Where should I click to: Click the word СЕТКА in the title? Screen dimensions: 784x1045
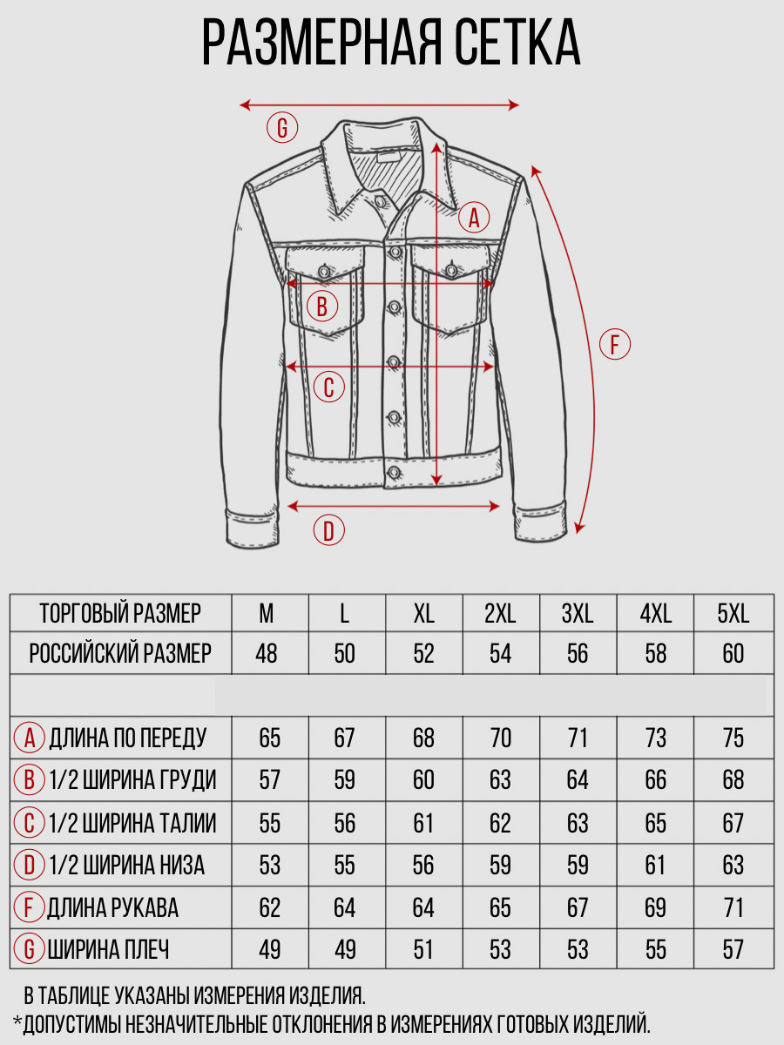pyautogui.click(x=518, y=42)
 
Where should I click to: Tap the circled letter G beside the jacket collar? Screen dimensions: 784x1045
pyautogui.click(x=282, y=128)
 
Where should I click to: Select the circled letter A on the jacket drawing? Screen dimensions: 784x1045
pyautogui.click(x=474, y=218)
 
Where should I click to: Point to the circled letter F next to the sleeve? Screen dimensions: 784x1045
pyautogui.click(x=614, y=344)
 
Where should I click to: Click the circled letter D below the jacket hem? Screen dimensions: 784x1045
pyautogui.click(x=329, y=529)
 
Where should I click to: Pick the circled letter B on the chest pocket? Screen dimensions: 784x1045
pyautogui.click(x=322, y=307)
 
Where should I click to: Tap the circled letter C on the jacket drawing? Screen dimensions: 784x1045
pyautogui.click(x=329, y=387)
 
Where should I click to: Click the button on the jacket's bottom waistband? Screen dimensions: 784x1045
pyautogui.click(x=394, y=473)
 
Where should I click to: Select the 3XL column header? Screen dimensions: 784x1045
pyautogui.click(x=578, y=614)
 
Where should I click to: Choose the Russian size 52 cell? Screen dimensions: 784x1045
pyautogui.click(x=423, y=653)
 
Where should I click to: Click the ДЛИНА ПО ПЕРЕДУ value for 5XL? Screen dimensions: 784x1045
pyautogui.click(x=733, y=738)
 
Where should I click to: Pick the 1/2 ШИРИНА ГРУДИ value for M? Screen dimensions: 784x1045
pyautogui.click(x=269, y=779)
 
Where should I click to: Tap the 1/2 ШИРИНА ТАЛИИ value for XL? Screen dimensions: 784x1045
pyautogui.click(x=423, y=823)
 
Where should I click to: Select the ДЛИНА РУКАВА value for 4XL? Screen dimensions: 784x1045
pyautogui.click(x=655, y=907)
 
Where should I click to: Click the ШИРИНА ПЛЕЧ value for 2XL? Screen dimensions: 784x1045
pyautogui.click(x=500, y=949)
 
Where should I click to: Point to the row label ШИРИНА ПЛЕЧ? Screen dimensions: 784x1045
pyautogui.click(x=109, y=949)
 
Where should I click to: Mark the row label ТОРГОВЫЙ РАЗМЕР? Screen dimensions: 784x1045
pyautogui.click(x=120, y=614)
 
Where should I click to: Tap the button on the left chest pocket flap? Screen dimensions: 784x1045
pyautogui.click(x=325, y=272)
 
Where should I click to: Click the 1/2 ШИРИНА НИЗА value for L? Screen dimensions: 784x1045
pyautogui.click(x=344, y=865)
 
